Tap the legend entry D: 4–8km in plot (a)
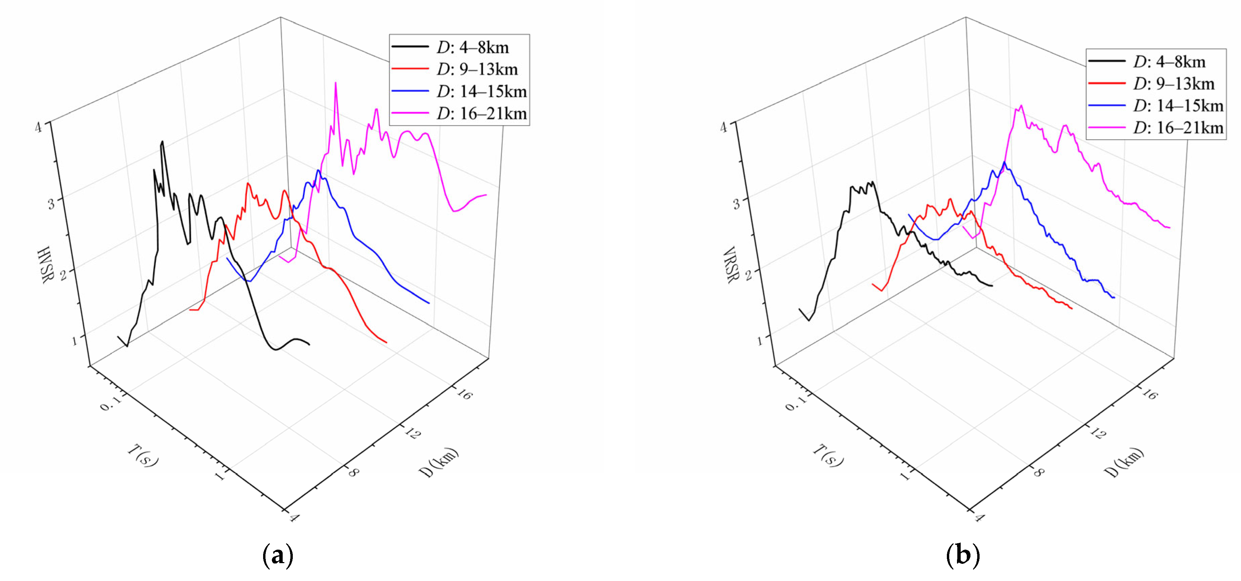(x=472, y=47)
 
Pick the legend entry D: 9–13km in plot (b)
(x=1173, y=84)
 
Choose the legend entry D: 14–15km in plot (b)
(x=1177, y=106)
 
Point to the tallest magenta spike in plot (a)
(x=335, y=83)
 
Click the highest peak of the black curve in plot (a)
(x=162, y=142)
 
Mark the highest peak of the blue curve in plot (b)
(x=1005, y=162)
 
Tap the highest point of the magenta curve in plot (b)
(x=1021, y=106)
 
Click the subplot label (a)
(x=278, y=555)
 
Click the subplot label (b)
(x=963, y=555)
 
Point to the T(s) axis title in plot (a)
(x=143, y=455)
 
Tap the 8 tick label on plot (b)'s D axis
(x=1039, y=472)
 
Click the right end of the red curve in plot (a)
(x=386, y=343)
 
